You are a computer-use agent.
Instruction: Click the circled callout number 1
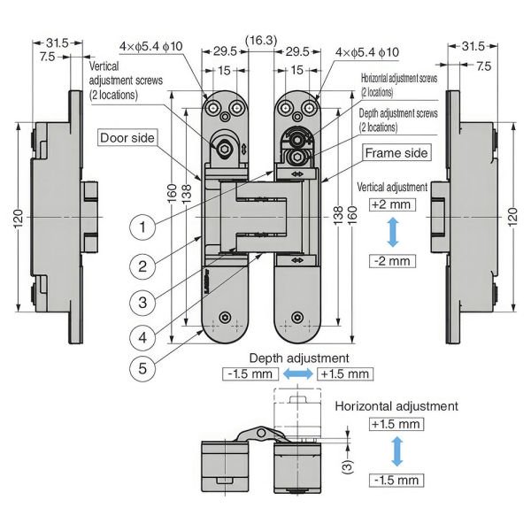coord(142,227)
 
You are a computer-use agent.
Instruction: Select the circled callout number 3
coord(142,302)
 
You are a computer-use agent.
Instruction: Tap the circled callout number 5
coord(142,366)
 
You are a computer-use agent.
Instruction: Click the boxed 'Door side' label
coord(127,138)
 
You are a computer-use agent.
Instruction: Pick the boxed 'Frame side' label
coord(396,153)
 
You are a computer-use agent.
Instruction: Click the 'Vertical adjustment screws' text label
coord(129,80)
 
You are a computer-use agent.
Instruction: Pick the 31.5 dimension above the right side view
coord(473,45)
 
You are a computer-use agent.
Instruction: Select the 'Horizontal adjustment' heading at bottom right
coord(396,406)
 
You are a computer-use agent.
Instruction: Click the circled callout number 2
coord(142,265)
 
